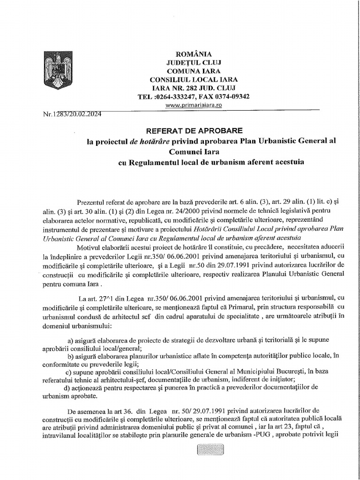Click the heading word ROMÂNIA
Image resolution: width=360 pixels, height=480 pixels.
click(194, 54)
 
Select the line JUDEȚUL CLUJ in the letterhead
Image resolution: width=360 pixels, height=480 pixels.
click(194, 62)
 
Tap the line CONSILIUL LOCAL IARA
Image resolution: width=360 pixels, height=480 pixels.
click(194, 79)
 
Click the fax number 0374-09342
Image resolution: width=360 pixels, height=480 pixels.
click(232, 97)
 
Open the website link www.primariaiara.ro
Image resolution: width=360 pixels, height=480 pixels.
click(194, 105)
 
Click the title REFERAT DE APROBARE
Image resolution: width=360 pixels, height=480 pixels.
click(194, 130)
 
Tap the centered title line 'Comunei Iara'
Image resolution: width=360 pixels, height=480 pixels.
click(194, 151)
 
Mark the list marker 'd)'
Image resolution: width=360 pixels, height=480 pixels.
click(66, 387)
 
